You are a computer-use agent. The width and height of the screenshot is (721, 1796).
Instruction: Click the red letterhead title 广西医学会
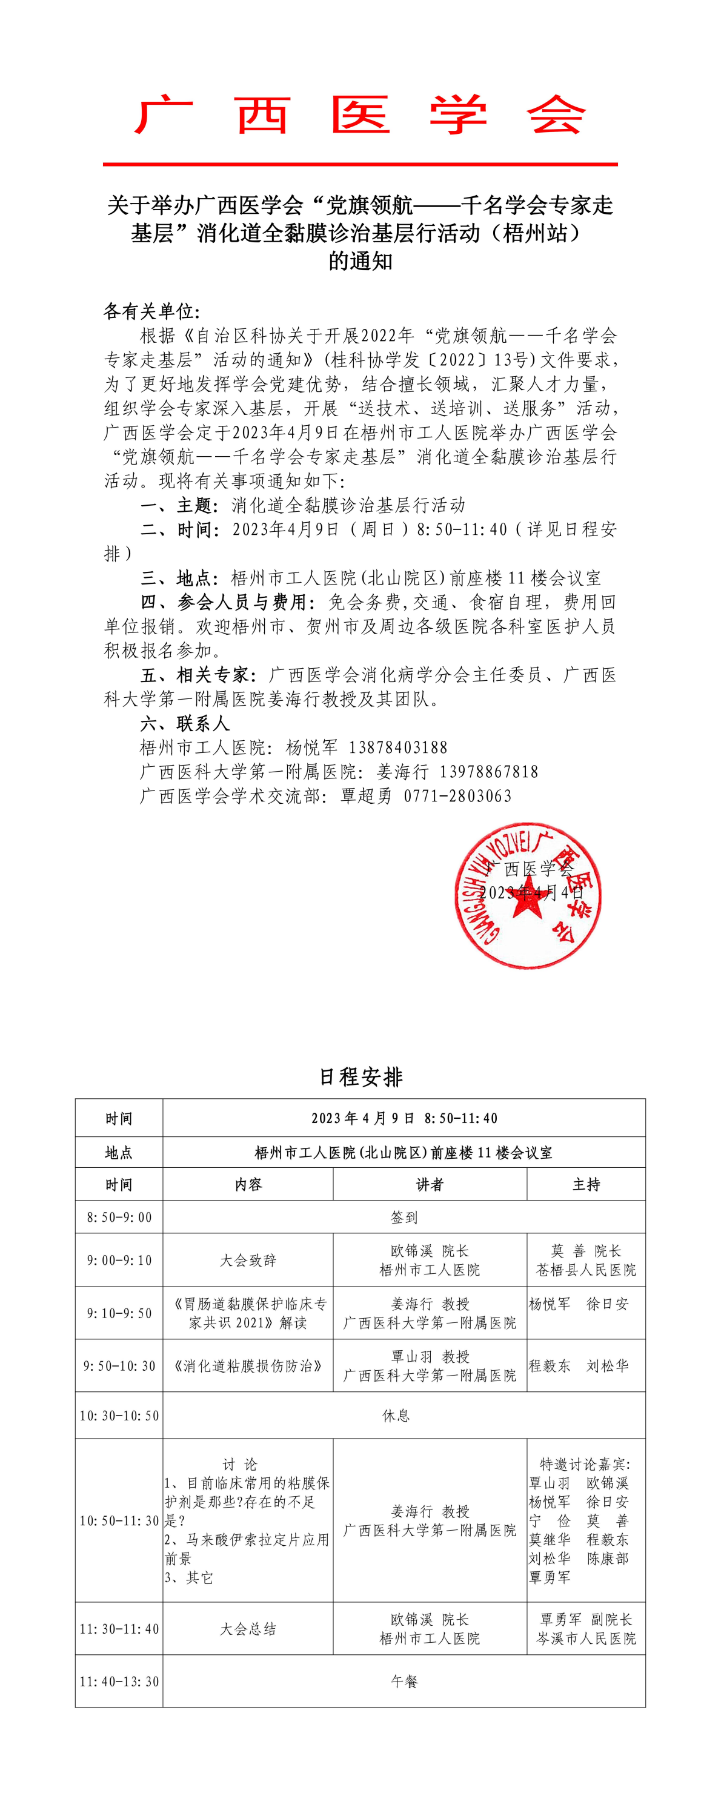coord(360,115)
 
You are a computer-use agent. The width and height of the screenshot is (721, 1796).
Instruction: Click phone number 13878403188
coord(398,747)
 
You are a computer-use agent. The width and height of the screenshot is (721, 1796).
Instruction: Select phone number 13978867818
coord(489,772)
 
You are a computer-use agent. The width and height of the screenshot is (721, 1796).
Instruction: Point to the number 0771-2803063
coord(457,796)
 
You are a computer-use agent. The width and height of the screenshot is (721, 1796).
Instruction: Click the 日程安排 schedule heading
coord(360,1077)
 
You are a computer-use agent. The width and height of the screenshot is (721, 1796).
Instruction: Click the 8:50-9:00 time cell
coord(119,1218)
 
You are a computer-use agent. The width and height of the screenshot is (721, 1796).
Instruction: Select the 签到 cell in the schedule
coord(405,1218)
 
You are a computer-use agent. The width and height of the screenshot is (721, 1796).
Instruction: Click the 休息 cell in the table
coord(396,1416)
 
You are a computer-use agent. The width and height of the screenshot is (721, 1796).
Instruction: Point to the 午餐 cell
coord(405,1682)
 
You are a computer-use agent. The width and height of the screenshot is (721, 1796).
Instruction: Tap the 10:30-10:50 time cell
coord(119,1416)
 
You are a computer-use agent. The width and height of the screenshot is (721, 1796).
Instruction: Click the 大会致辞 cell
coord(248,1261)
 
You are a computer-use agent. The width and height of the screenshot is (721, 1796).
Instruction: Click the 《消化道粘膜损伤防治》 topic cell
coord(248,1366)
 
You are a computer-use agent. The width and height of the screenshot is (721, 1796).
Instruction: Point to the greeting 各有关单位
coord(151,311)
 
